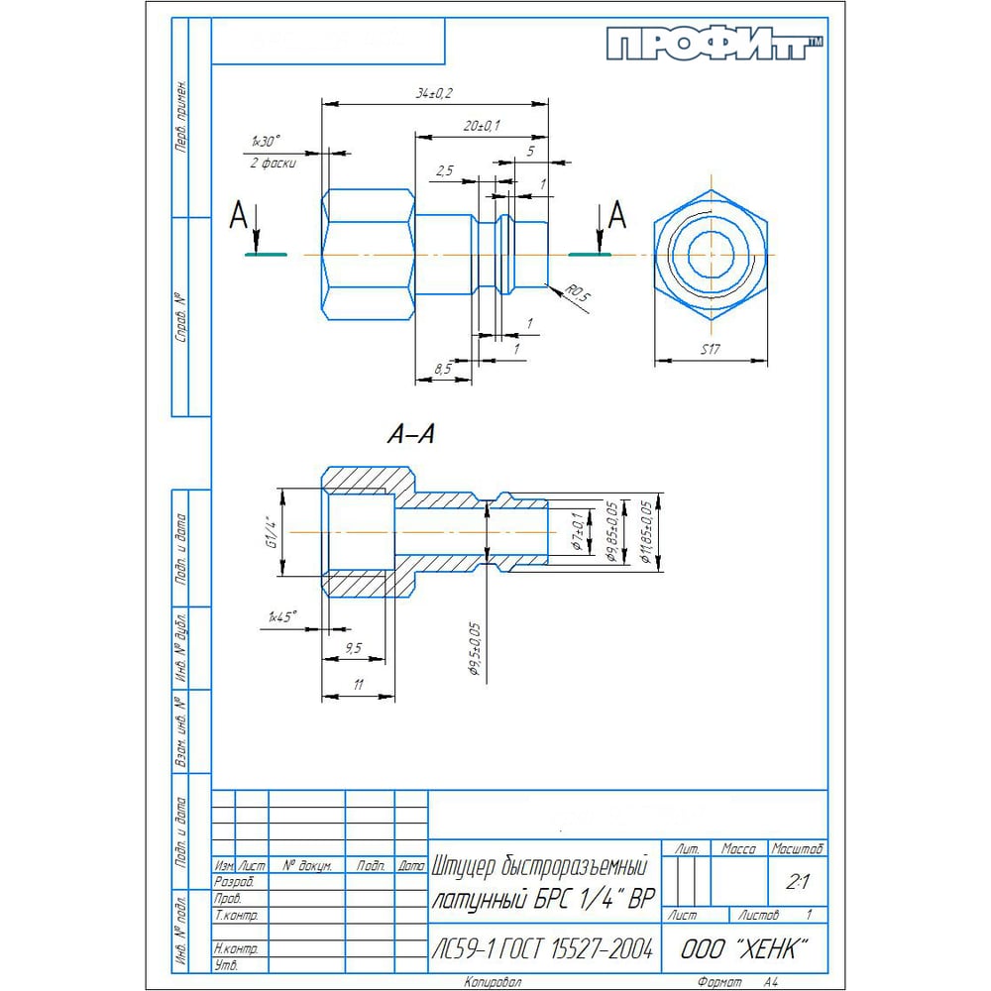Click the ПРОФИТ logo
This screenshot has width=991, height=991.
(x=714, y=46)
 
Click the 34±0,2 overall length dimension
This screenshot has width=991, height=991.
(x=434, y=93)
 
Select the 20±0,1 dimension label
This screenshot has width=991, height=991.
(x=482, y=126)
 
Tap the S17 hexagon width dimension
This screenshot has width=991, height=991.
(x=710, y=349)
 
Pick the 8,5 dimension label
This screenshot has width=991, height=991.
(x=444, y=368)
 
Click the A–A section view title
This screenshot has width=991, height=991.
(x=410, y=434)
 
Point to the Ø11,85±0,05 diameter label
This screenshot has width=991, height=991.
(x=646, y=531)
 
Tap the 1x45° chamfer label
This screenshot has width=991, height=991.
(x=282, y=616)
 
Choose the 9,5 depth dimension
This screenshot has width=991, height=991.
(x=352, y=648)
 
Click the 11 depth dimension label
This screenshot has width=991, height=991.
(x=358, y=685)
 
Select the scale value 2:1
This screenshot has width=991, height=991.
(x=797, y=880)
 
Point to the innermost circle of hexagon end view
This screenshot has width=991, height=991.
(x=709, y=253)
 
